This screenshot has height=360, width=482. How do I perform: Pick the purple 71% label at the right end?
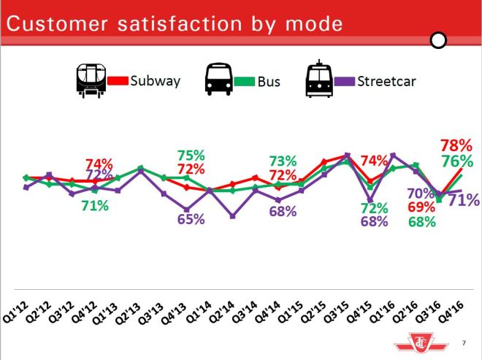(x=463, y=199)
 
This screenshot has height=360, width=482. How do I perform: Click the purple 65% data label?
(x=191, y=218)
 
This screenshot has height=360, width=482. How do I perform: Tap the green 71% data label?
(x=95, y=206)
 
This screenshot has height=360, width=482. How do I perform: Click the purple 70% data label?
(x=422, y=193)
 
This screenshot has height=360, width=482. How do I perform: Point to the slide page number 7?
(x=464, y=342)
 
